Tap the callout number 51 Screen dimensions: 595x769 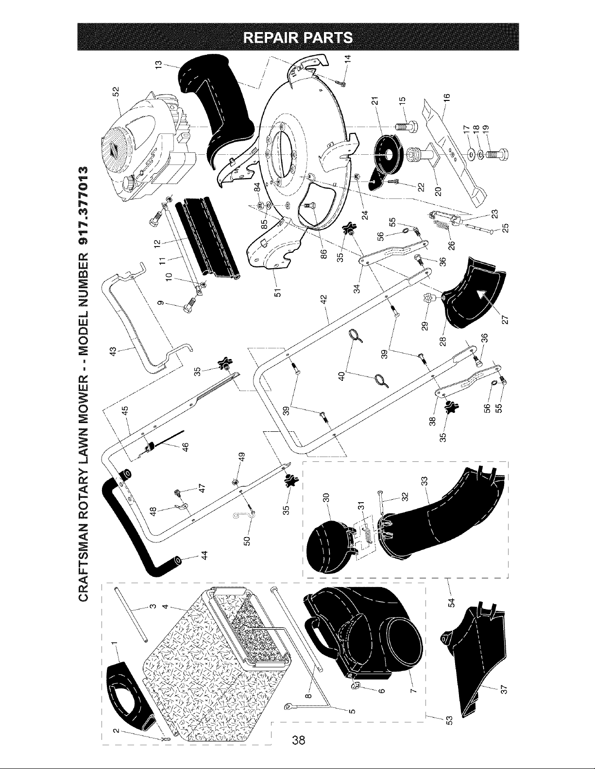click(278, 293)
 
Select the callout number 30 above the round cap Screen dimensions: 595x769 click(326, 497)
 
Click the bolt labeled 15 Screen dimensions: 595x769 click(407, 126)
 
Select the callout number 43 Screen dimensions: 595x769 click(113, 351)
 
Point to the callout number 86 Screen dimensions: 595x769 click(323, 254)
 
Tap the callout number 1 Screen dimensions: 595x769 click(114, 643)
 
